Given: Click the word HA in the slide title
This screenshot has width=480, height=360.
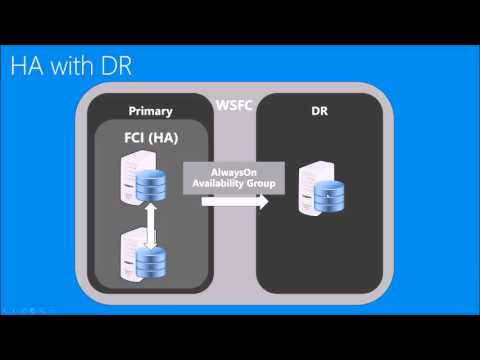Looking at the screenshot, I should (x=27, y=67).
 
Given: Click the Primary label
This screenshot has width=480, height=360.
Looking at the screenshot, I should (x=152, y=111).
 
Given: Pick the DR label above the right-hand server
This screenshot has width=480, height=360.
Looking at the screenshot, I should (x=320, y=111).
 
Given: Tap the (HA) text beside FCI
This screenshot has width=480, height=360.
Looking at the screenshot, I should (x=166, y=139).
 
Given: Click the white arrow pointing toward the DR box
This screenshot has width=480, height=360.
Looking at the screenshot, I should (x=237, y=201).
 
